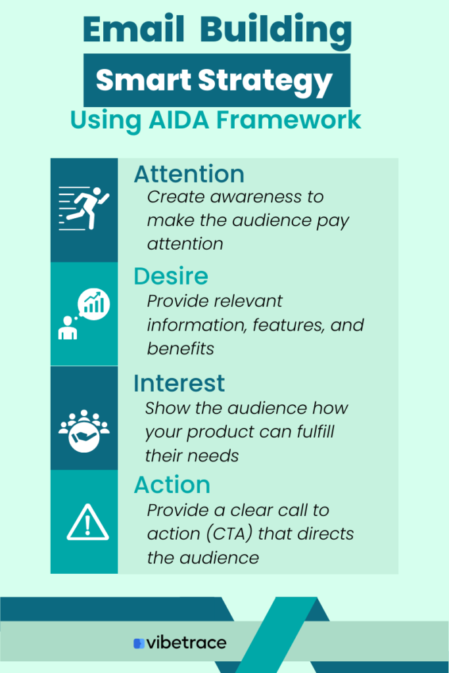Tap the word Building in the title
coord(276,32)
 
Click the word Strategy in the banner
coord(266,82)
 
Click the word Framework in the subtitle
coord(289,120)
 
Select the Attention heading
coord(189,174)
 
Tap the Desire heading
coord(171,276)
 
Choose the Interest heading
coord(179,383)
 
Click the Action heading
coord(172,485)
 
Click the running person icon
coord(84,208)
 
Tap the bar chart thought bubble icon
coord(84,314)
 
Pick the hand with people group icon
coord(84,431)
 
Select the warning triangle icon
coord(87,522)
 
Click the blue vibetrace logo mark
coord(139,643)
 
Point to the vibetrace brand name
coord(186,643)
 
